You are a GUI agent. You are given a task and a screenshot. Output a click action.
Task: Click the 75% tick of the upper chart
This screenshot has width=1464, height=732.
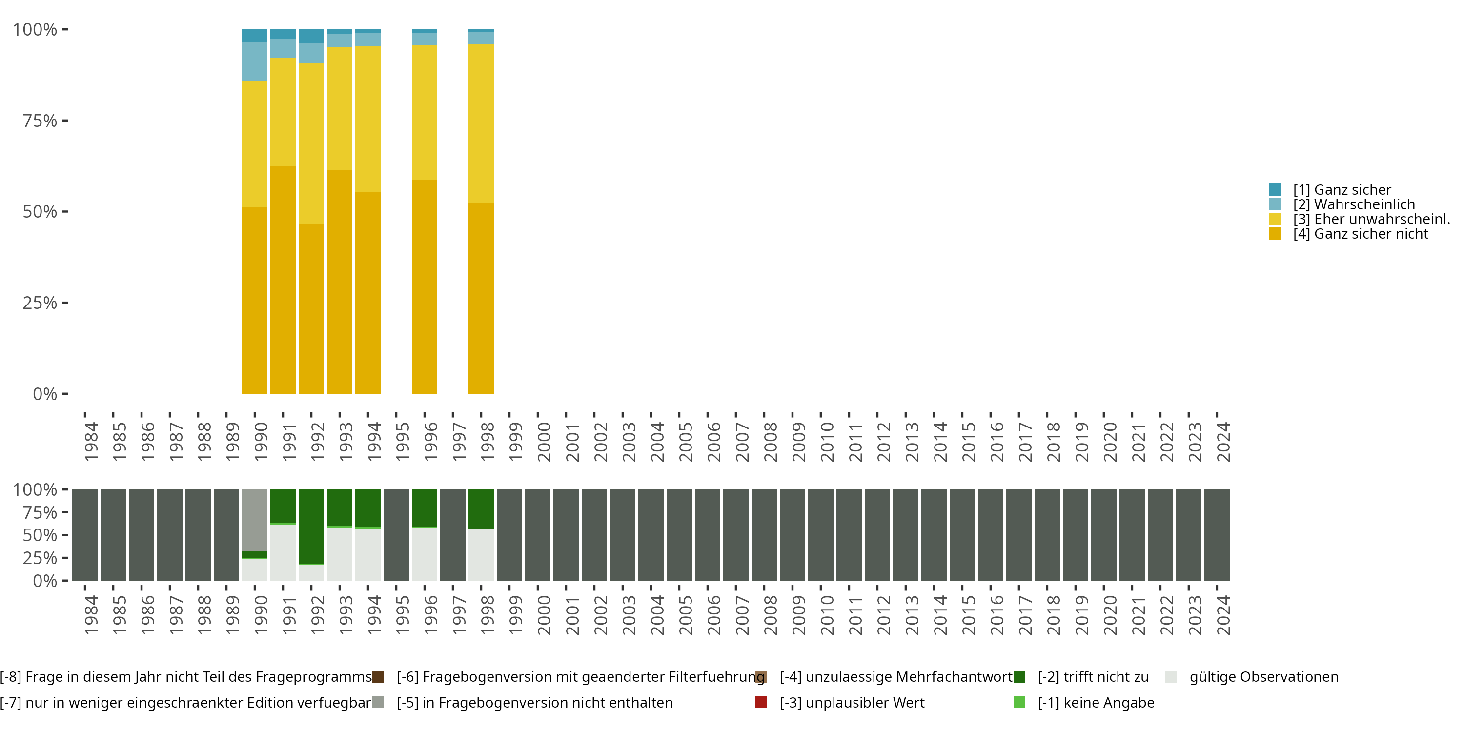point(40,121)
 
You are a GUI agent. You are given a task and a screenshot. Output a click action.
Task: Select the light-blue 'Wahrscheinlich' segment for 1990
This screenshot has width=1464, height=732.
point(255,62)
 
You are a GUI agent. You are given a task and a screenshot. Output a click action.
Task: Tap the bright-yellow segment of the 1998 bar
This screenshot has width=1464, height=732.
point(481,123)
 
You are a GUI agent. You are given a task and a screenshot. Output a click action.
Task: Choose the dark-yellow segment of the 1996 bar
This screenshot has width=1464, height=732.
point(425,286)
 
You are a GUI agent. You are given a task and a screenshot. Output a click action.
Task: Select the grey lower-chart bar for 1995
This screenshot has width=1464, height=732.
point(396,535)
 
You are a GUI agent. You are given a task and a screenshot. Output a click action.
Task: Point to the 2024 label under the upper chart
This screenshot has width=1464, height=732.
point(1222,442)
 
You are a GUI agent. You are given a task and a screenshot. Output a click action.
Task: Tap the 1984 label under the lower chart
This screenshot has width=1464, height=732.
point(91,615)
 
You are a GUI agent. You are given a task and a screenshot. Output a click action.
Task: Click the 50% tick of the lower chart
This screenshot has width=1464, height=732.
point(40,535)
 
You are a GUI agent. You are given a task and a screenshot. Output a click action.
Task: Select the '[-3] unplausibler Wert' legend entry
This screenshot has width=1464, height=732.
point(852,703)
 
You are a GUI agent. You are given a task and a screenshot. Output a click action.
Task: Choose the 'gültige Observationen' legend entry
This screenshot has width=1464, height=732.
point(1263,677)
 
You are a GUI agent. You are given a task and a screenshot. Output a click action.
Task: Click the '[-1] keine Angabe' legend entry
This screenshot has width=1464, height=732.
point(1095,703)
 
